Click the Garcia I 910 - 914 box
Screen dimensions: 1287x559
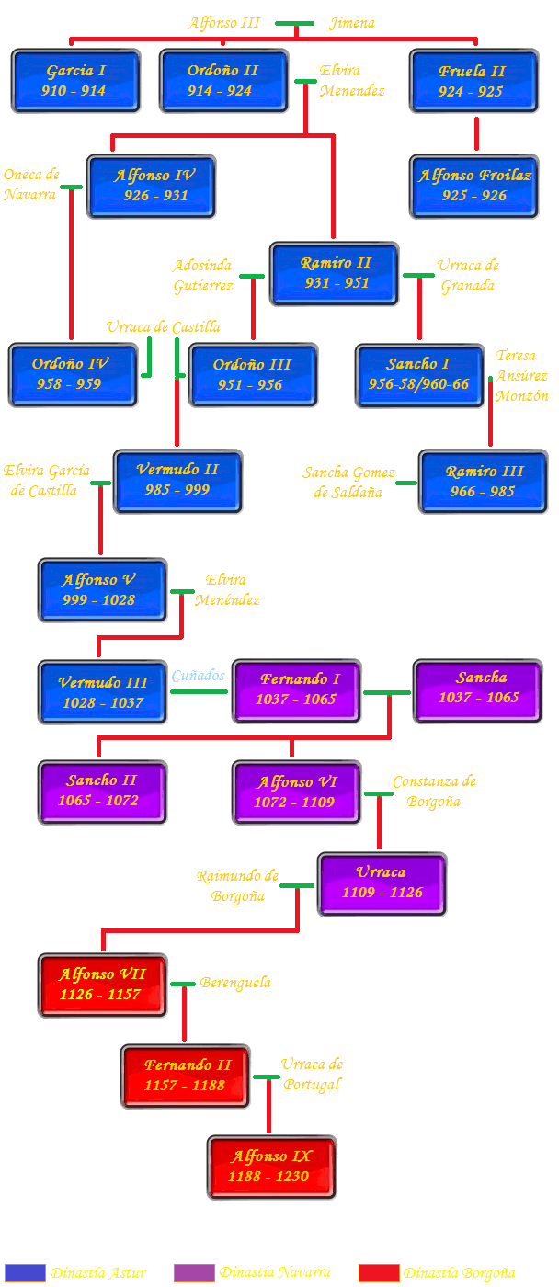click(x=75, y=81)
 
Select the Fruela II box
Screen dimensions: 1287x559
click(x=474, y=81)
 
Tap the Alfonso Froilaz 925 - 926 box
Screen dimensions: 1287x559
click(x=474, y=186)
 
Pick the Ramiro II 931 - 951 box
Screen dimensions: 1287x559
click(x=335, y=273)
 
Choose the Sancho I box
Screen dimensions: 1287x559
click(x=419, y=374)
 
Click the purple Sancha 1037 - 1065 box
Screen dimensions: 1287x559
click(x=478, y=689)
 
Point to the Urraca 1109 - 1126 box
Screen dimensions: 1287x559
click(x=382, y=883)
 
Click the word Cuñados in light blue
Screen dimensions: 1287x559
click(x=199, y=677)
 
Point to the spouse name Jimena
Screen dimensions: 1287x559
click(x=352, y=23)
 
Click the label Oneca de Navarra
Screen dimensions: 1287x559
click(x=31, y=184)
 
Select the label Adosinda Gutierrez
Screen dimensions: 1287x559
click(x=203, y=276)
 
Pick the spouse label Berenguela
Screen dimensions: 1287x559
click(x=236, y=983)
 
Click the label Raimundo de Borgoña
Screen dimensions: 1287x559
click(x=237, y=886)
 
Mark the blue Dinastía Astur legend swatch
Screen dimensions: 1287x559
click(x=25, y=1273)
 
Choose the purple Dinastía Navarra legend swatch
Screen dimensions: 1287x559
click(x=194, y=1273)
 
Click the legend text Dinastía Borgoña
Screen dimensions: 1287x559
click(x=460, y=1273)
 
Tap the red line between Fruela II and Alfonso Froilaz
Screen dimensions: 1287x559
click(x=476, y=133)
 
